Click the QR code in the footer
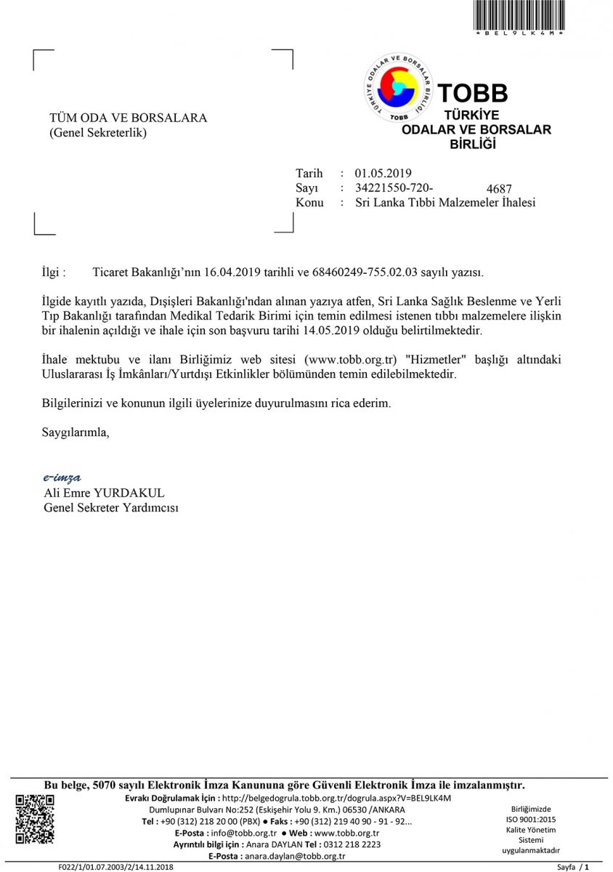[x=35, y=819]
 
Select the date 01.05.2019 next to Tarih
[x=383, y=173]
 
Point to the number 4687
[x=499, y=189]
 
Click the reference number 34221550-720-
[x=394, y=187]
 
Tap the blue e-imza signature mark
[x=62, y=477]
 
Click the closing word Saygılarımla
[x=76, y=432]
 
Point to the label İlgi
[x=53, y=272]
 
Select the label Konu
[x=309, y=203]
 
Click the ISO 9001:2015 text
[x=531, y=819]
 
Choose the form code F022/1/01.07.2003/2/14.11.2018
[x=116, y=867]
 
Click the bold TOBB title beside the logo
[x=473, y=93]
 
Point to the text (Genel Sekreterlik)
[x=98, y=133]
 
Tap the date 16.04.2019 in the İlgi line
[x=231, y=272]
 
